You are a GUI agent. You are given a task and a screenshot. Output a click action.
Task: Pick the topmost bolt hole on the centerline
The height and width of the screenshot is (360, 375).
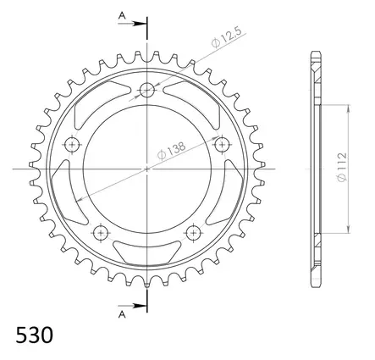tap(148, 91)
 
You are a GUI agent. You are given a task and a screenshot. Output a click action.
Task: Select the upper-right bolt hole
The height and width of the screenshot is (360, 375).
tap(223, 145)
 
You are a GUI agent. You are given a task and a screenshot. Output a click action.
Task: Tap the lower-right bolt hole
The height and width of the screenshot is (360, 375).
tap(194, 232)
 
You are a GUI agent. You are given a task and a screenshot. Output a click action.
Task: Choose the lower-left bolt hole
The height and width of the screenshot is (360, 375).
tap(102, 232)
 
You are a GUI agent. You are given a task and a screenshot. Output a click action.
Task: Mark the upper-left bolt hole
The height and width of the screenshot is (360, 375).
tap(73, 145)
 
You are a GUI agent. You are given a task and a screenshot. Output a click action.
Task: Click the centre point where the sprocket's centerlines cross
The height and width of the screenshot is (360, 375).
tap(148, 169)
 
